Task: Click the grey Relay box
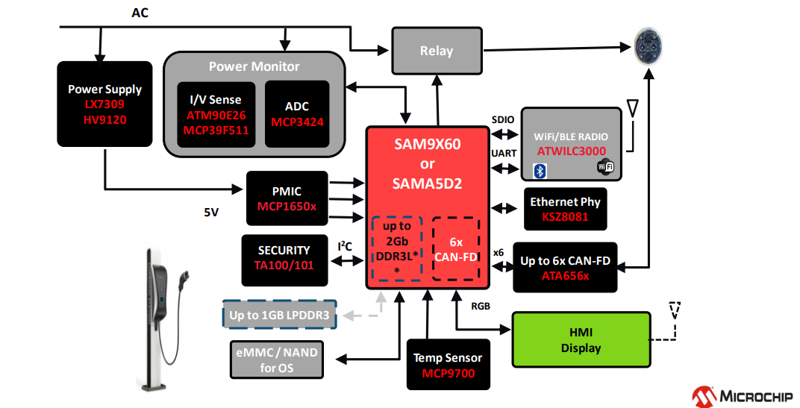point(436,51)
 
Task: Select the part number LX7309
point(104,104)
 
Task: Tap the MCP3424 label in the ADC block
point(297,122)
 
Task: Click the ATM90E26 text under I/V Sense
point(216,116)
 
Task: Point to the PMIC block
point(287,198)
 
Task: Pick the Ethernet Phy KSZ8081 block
point(564,209)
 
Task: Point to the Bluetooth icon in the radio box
point(542,171)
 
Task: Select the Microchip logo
point(743,395)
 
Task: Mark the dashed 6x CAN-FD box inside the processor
point(457,250)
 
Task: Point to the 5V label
point(211,212)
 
